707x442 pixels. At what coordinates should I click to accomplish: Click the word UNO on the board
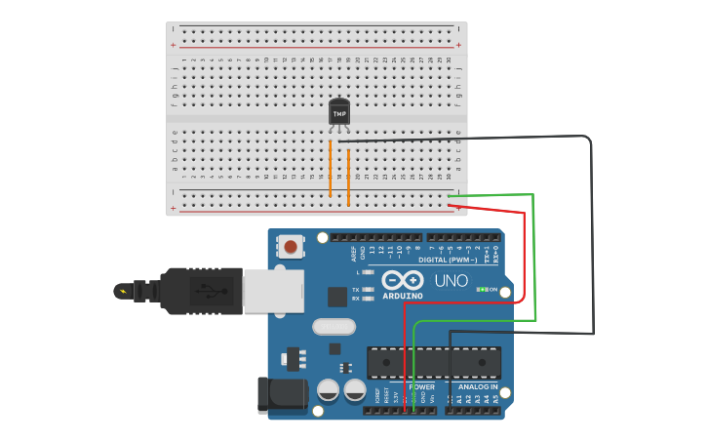pos(451,281)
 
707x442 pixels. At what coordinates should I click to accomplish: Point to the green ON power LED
pos(482,290)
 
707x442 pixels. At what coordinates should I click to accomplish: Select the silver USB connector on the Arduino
pos(273,292)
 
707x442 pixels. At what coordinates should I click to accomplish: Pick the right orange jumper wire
pos(348,176)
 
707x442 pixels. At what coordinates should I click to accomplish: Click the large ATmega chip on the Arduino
pos(434,362)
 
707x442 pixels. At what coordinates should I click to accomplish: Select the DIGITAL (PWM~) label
pos(447,261)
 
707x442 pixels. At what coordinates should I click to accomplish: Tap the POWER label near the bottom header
pos(421,387)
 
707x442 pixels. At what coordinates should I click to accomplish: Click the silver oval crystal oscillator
pos(334,327)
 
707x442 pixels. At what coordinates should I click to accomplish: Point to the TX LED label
pos(356,290)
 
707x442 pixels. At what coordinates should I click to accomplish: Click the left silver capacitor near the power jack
pos(329,392)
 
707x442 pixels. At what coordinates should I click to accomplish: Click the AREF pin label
pos(354,254)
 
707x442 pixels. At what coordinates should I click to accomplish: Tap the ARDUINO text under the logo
pos(402,296)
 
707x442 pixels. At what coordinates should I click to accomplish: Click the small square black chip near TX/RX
pos(336,297)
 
